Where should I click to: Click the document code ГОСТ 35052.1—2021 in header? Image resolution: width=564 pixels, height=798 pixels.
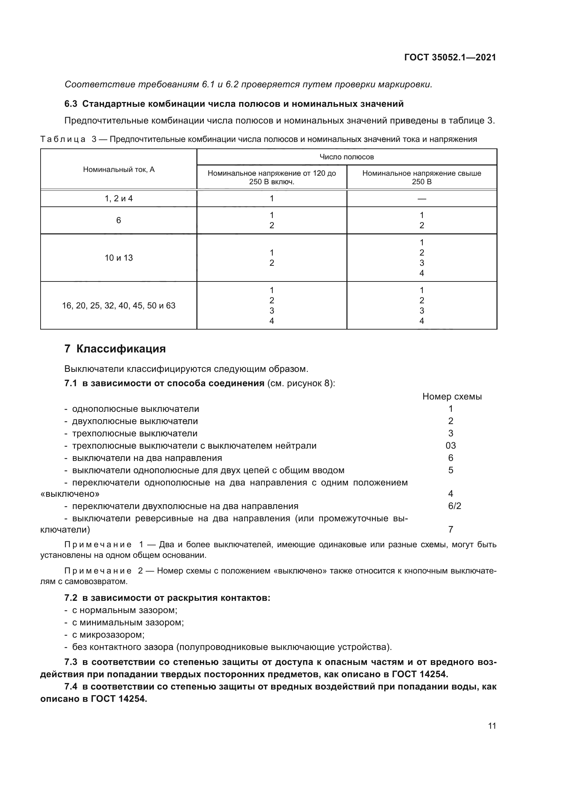click(x=450, y=58)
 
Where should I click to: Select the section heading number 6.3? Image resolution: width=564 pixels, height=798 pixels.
click(x=71, y=104)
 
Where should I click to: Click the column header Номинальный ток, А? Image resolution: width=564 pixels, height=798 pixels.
click(x=119, y=170)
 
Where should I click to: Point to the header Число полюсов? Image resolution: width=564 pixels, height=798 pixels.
click(x=346, y=157)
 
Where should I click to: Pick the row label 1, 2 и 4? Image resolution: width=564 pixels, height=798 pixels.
click(x=119, y=199)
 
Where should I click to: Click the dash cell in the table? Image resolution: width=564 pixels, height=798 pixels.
click(x=421, y=199)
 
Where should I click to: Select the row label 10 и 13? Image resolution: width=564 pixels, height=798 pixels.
click(x=119, y=258)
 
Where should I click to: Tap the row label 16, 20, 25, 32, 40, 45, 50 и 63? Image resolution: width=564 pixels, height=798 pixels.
click(x=119, y=306)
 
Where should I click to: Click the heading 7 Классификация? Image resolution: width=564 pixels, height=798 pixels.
click(x=115, y=349)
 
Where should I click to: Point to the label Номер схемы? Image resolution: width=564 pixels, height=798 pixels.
click(x=452, y=396)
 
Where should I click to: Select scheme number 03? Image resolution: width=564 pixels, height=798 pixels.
click(x=450, y=446)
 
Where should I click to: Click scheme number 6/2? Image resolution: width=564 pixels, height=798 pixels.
click(x=454, y=506)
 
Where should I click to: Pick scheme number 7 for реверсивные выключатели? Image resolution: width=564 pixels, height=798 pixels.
click(x=450, y=530)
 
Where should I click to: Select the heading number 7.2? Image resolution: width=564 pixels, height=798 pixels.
click(x=71, y=598)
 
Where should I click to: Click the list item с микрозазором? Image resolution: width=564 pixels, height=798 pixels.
click(x=108, y=635)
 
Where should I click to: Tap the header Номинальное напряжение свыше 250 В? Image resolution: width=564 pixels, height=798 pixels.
click(x=421, y=177)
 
